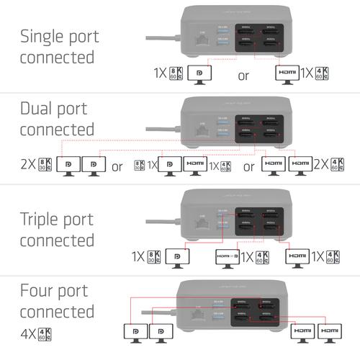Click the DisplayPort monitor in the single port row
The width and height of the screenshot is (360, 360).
pyautogui.click(x=198, y=74)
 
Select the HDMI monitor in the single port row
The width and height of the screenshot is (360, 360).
pyautogui.click(x=285, y=74)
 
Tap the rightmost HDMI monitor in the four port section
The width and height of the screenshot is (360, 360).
pyautogui.click(x=329, y=331)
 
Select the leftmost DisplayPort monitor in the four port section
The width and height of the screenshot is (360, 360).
pyautogui.click(x=135, y=331)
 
